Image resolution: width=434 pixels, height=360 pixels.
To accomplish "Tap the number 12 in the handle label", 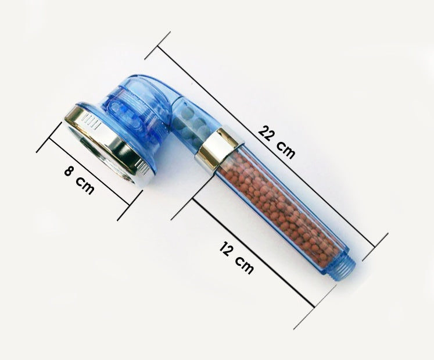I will (228, 251).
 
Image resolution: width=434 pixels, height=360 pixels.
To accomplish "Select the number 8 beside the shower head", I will (69, 173).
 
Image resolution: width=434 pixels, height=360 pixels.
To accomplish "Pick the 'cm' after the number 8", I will (85, 187).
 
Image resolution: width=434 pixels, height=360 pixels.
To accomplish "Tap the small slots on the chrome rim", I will (89, 120).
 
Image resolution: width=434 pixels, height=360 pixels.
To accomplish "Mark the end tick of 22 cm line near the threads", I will (375, 247).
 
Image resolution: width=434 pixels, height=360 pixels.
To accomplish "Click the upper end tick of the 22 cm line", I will (157, 45).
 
